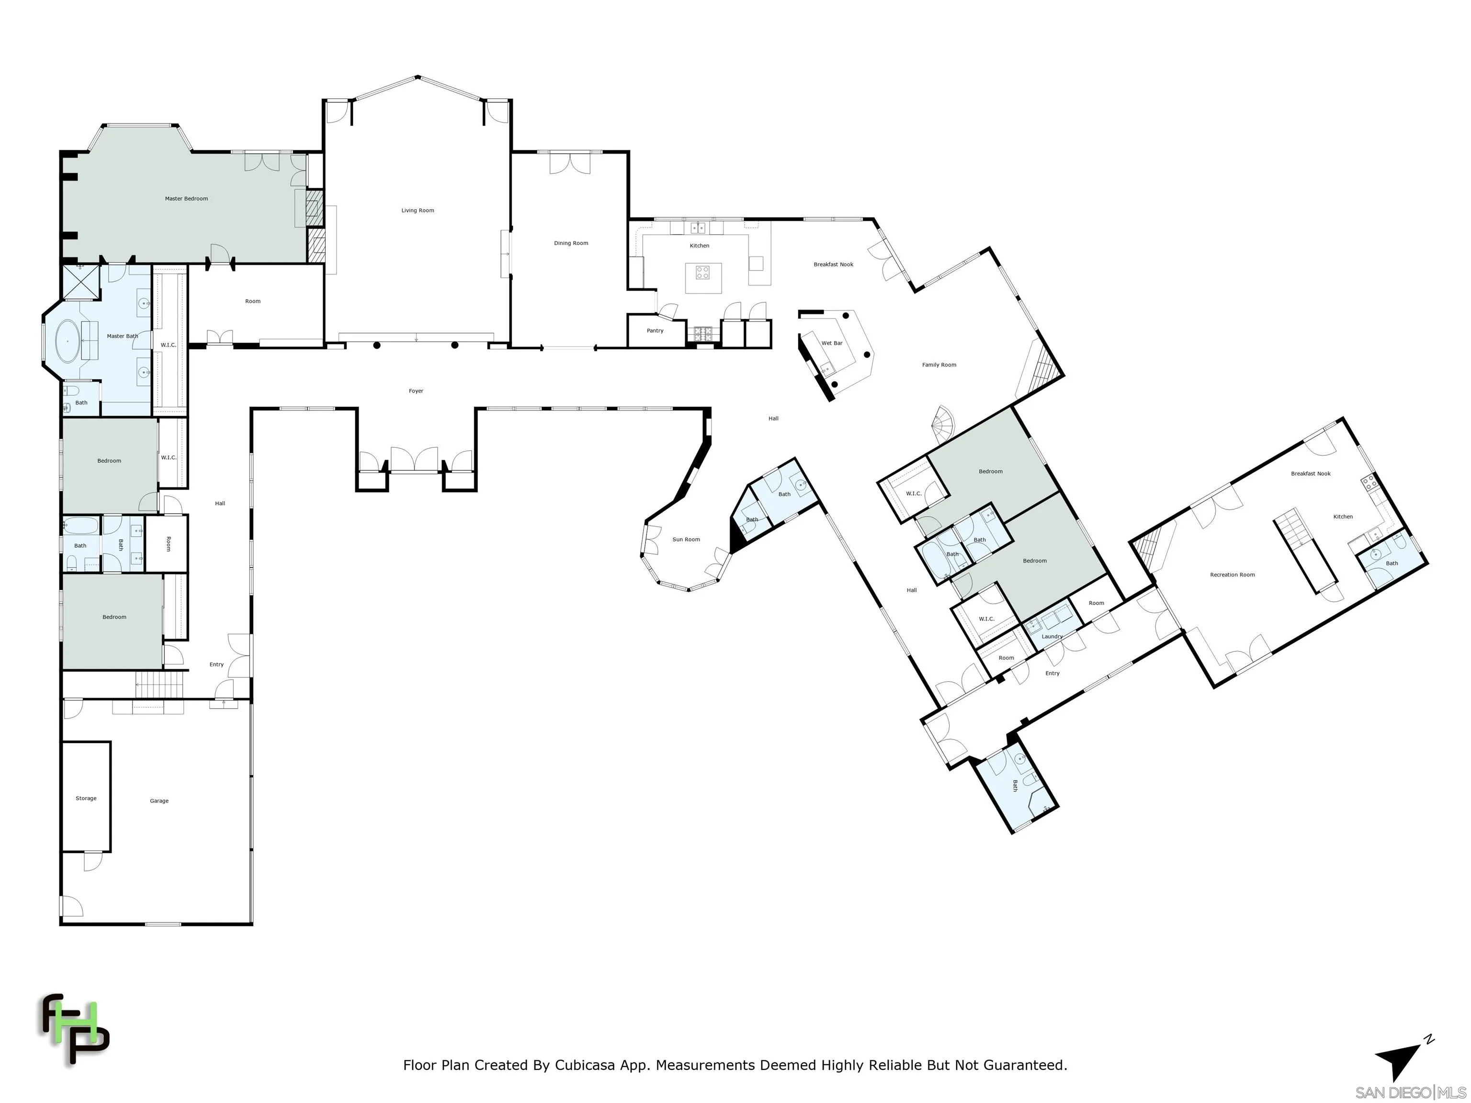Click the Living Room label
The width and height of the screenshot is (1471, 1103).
[x=418, y=211]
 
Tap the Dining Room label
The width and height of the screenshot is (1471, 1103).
[x=571, y=243]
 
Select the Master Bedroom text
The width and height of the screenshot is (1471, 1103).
[x=186, y=199]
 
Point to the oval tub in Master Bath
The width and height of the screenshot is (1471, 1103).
[x=67, y=341]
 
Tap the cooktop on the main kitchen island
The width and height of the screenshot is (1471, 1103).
[x=703, y=272]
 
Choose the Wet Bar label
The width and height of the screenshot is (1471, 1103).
[x=832, y=343]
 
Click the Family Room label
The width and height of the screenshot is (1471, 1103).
[x=939, y=365]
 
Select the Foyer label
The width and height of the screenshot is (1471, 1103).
[x=416, y=391]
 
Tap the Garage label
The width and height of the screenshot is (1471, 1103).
[x=159, y=801]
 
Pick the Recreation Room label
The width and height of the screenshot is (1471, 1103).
[x=1232, y=575]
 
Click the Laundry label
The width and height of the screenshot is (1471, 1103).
[x=1052, y=637]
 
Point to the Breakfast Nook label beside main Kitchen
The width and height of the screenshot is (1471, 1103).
[x=833, y=265]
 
